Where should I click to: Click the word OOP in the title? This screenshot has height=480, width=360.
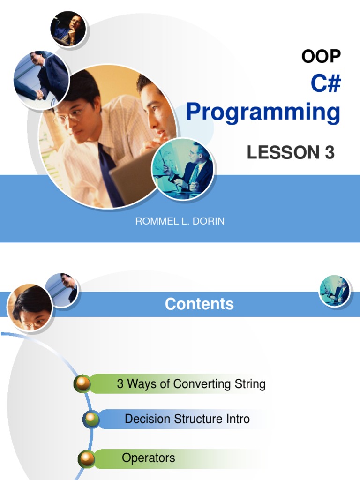[321, 56]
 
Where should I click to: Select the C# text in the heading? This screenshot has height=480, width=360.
[325, 84]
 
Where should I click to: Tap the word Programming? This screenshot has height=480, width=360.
[263, 112]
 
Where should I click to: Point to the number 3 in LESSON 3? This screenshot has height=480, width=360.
[329, 153]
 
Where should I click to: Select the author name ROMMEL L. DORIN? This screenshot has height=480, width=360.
[180, 221]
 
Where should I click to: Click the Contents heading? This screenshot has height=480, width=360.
[199, 304]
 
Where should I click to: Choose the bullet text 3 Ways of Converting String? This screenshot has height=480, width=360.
[191, 384]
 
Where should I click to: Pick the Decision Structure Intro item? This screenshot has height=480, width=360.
[187, 419]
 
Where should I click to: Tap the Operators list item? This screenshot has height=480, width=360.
[148, 457]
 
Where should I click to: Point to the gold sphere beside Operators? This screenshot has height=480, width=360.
[87, 459]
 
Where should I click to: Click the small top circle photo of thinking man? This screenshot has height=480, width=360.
[68, 28]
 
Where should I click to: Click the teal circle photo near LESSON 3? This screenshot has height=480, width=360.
[183, 169]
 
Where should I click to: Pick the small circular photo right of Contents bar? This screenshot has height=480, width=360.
[335, 291]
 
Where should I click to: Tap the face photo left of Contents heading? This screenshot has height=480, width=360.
[30, 308]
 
